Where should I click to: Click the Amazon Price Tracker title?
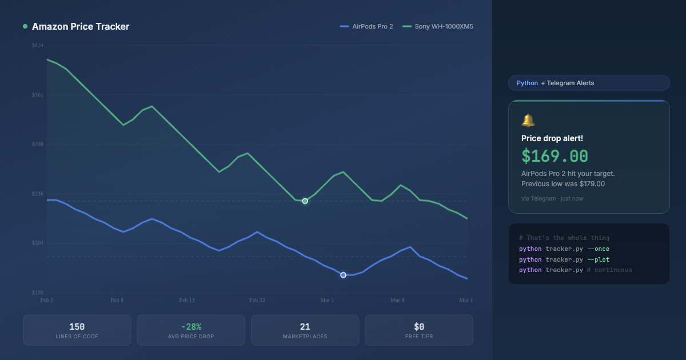pos(81,26)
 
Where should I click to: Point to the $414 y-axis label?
pos(38,45)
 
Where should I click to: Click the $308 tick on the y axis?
pos(38,145)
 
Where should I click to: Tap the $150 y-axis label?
pos(38,293)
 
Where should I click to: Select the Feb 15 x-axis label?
pos(187,300)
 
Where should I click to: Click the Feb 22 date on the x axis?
pos(257,300)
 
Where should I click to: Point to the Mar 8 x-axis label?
pos(397,300)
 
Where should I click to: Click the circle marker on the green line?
pos(305,201)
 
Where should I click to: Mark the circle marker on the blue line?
pos(343,275)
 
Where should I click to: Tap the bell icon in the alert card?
pos(528,121)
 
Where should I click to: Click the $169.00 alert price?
pos(555,156)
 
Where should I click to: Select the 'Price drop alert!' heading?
pos(552,138)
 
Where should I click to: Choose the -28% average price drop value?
pos(191,327)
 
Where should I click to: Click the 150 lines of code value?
pos(77,327)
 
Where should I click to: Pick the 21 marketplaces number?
pos(305,327)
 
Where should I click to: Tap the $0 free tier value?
pos(419,327)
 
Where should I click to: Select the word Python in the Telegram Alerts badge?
pos(527,83)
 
